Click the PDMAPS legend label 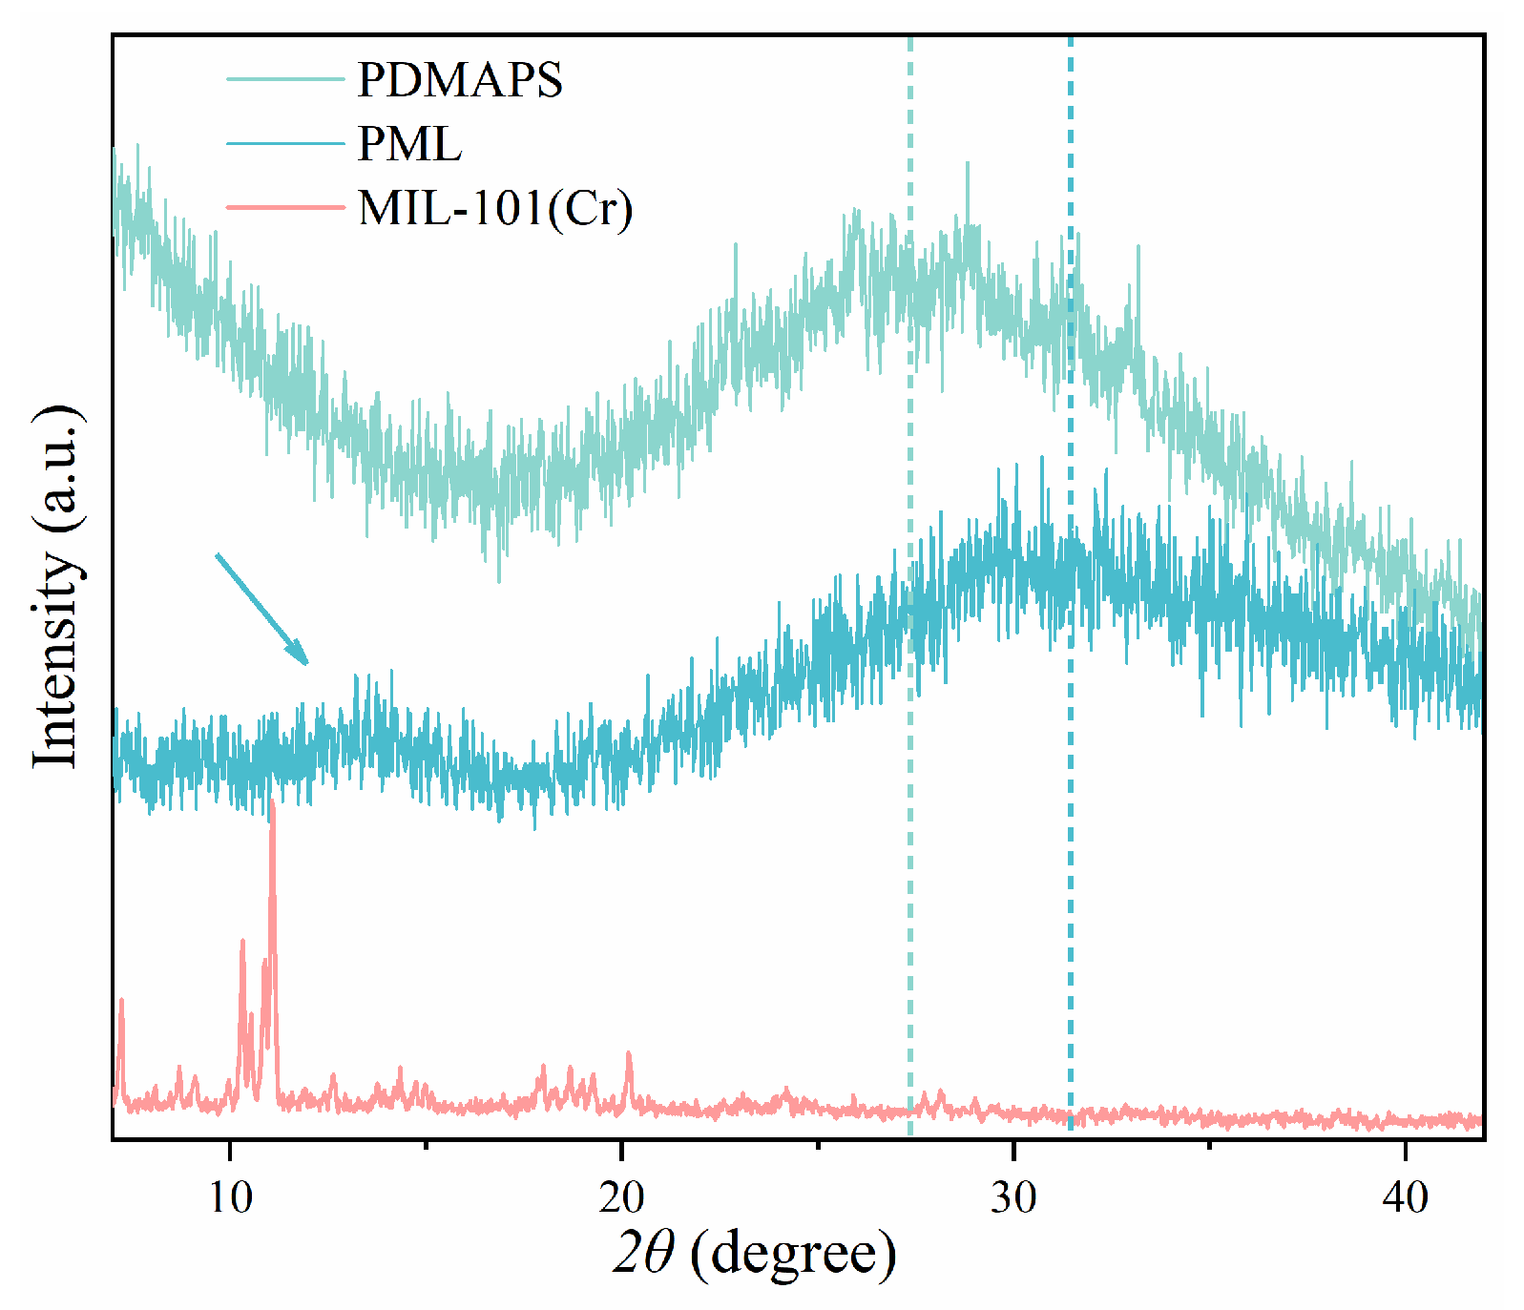[460, 79]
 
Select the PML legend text [409, 144]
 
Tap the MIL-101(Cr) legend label [494, 208]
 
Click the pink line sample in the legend [284, 207]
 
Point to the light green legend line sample [284, 79]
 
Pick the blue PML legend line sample [284, 144]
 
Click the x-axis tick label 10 [230, 1196]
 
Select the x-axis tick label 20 [621, 1196]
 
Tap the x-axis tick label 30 [1013, 1196]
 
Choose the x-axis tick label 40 [1405, 1196]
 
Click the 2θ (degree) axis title [754, 1254]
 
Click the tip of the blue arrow [307, 663]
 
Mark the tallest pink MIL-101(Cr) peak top [272, 803]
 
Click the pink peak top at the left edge [121, 1000]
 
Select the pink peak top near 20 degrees [628, 1053]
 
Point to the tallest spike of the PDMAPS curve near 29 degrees [967, 164]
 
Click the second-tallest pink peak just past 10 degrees [242, 941]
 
